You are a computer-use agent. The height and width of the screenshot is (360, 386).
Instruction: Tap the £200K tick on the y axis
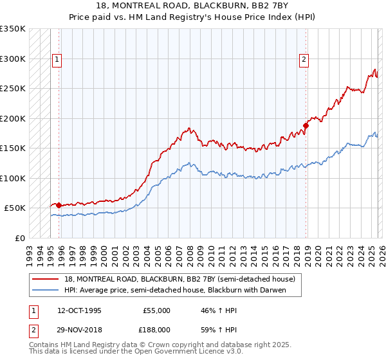click(x=13, y=118)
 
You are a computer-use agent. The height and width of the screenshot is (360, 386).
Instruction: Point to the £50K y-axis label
click(x=15, y=208)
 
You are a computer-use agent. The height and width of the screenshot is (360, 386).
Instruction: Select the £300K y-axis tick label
click(x=13, y=59)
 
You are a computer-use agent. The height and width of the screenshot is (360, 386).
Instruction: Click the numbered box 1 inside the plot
click(x=57, y=60)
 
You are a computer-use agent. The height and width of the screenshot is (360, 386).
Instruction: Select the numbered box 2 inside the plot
click(x=303, y=60)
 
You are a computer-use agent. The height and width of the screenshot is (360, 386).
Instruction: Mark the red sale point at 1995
click(x=59, y=205)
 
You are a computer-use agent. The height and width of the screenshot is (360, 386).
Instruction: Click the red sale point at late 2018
click(x=306, y=125)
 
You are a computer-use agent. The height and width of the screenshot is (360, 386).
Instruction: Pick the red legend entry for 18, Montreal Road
click(x=179, y=279)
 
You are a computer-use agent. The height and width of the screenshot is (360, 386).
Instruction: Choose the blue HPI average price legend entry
click(x=174, y=290)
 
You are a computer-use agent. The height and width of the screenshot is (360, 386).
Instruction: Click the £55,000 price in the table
click(x=156, y=310)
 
